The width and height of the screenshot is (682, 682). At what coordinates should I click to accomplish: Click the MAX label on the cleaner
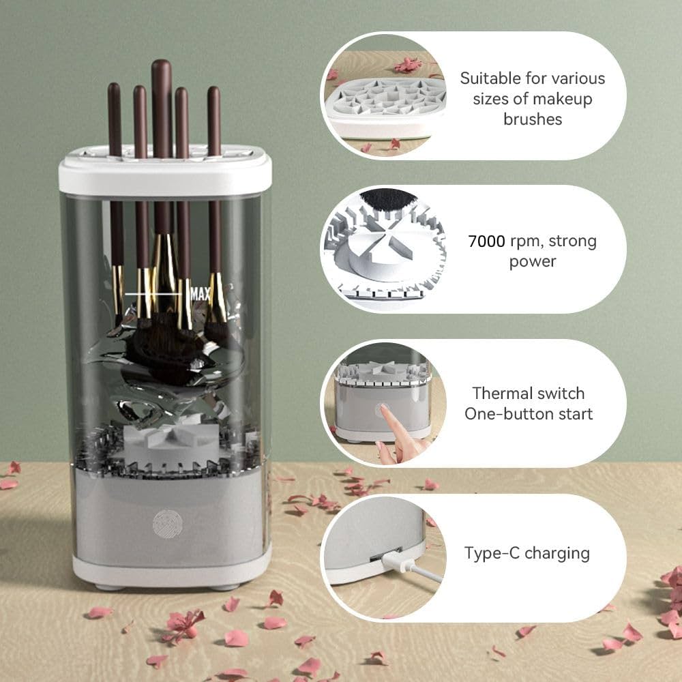point(201,294)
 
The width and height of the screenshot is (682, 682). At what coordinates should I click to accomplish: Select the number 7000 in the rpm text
point(487,241)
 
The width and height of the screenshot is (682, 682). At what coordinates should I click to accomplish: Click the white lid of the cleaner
point(165,176)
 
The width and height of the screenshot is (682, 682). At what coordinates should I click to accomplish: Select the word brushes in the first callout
point(533,119)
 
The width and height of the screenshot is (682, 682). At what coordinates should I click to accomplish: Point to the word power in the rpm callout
point(533,262)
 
